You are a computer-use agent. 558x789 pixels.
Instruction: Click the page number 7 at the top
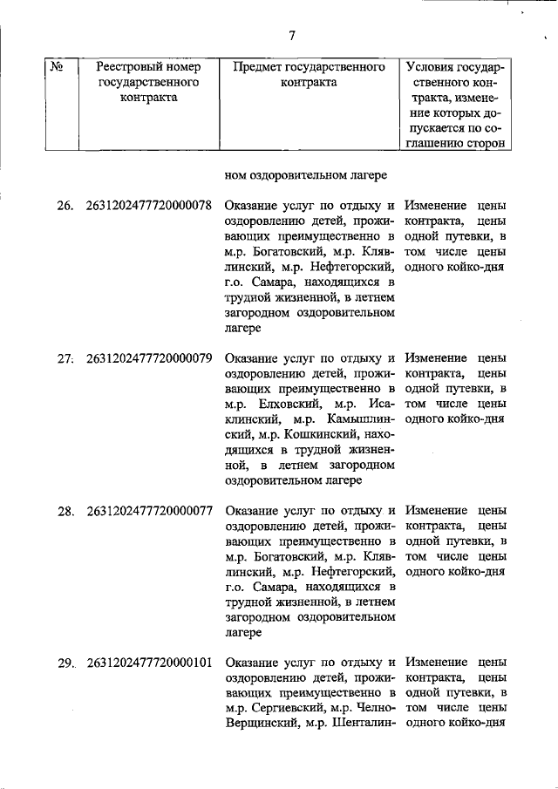coord(292,36)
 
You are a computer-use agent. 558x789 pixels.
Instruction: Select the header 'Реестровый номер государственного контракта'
coord(148,82)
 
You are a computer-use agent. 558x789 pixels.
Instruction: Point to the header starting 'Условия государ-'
coord(454,66)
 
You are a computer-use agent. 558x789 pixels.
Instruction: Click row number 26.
coord(65,207)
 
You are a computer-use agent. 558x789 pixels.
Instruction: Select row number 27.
coord(65,358)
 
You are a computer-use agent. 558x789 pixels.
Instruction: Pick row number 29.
coord(65,663)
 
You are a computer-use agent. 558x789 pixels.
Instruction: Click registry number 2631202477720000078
coord(149,207)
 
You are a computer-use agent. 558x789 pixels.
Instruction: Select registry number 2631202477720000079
coord(149,358)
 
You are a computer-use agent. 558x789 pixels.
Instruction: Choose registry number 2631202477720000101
coord(149,663)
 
